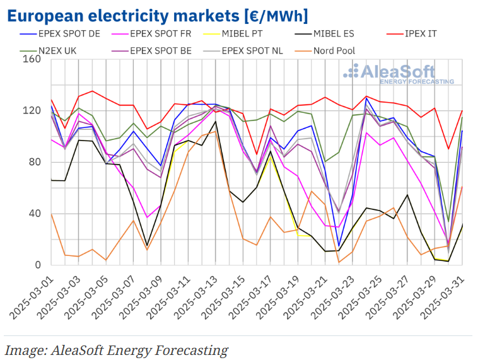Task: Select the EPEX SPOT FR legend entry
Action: coord(158,33)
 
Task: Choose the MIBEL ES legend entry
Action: coord(340,33)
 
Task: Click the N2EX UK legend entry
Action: coord(56,50)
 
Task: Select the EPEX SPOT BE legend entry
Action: coord(158,50)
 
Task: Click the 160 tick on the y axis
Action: coord(32,60)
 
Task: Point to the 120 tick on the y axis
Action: coord(32,111)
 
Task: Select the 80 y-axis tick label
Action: coord(35,162)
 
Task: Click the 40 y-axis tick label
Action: coord(35,214)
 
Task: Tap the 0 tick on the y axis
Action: coord(38,265)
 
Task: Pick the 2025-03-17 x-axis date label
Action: coord(250,296)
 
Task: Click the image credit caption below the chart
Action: coord(116,350)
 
